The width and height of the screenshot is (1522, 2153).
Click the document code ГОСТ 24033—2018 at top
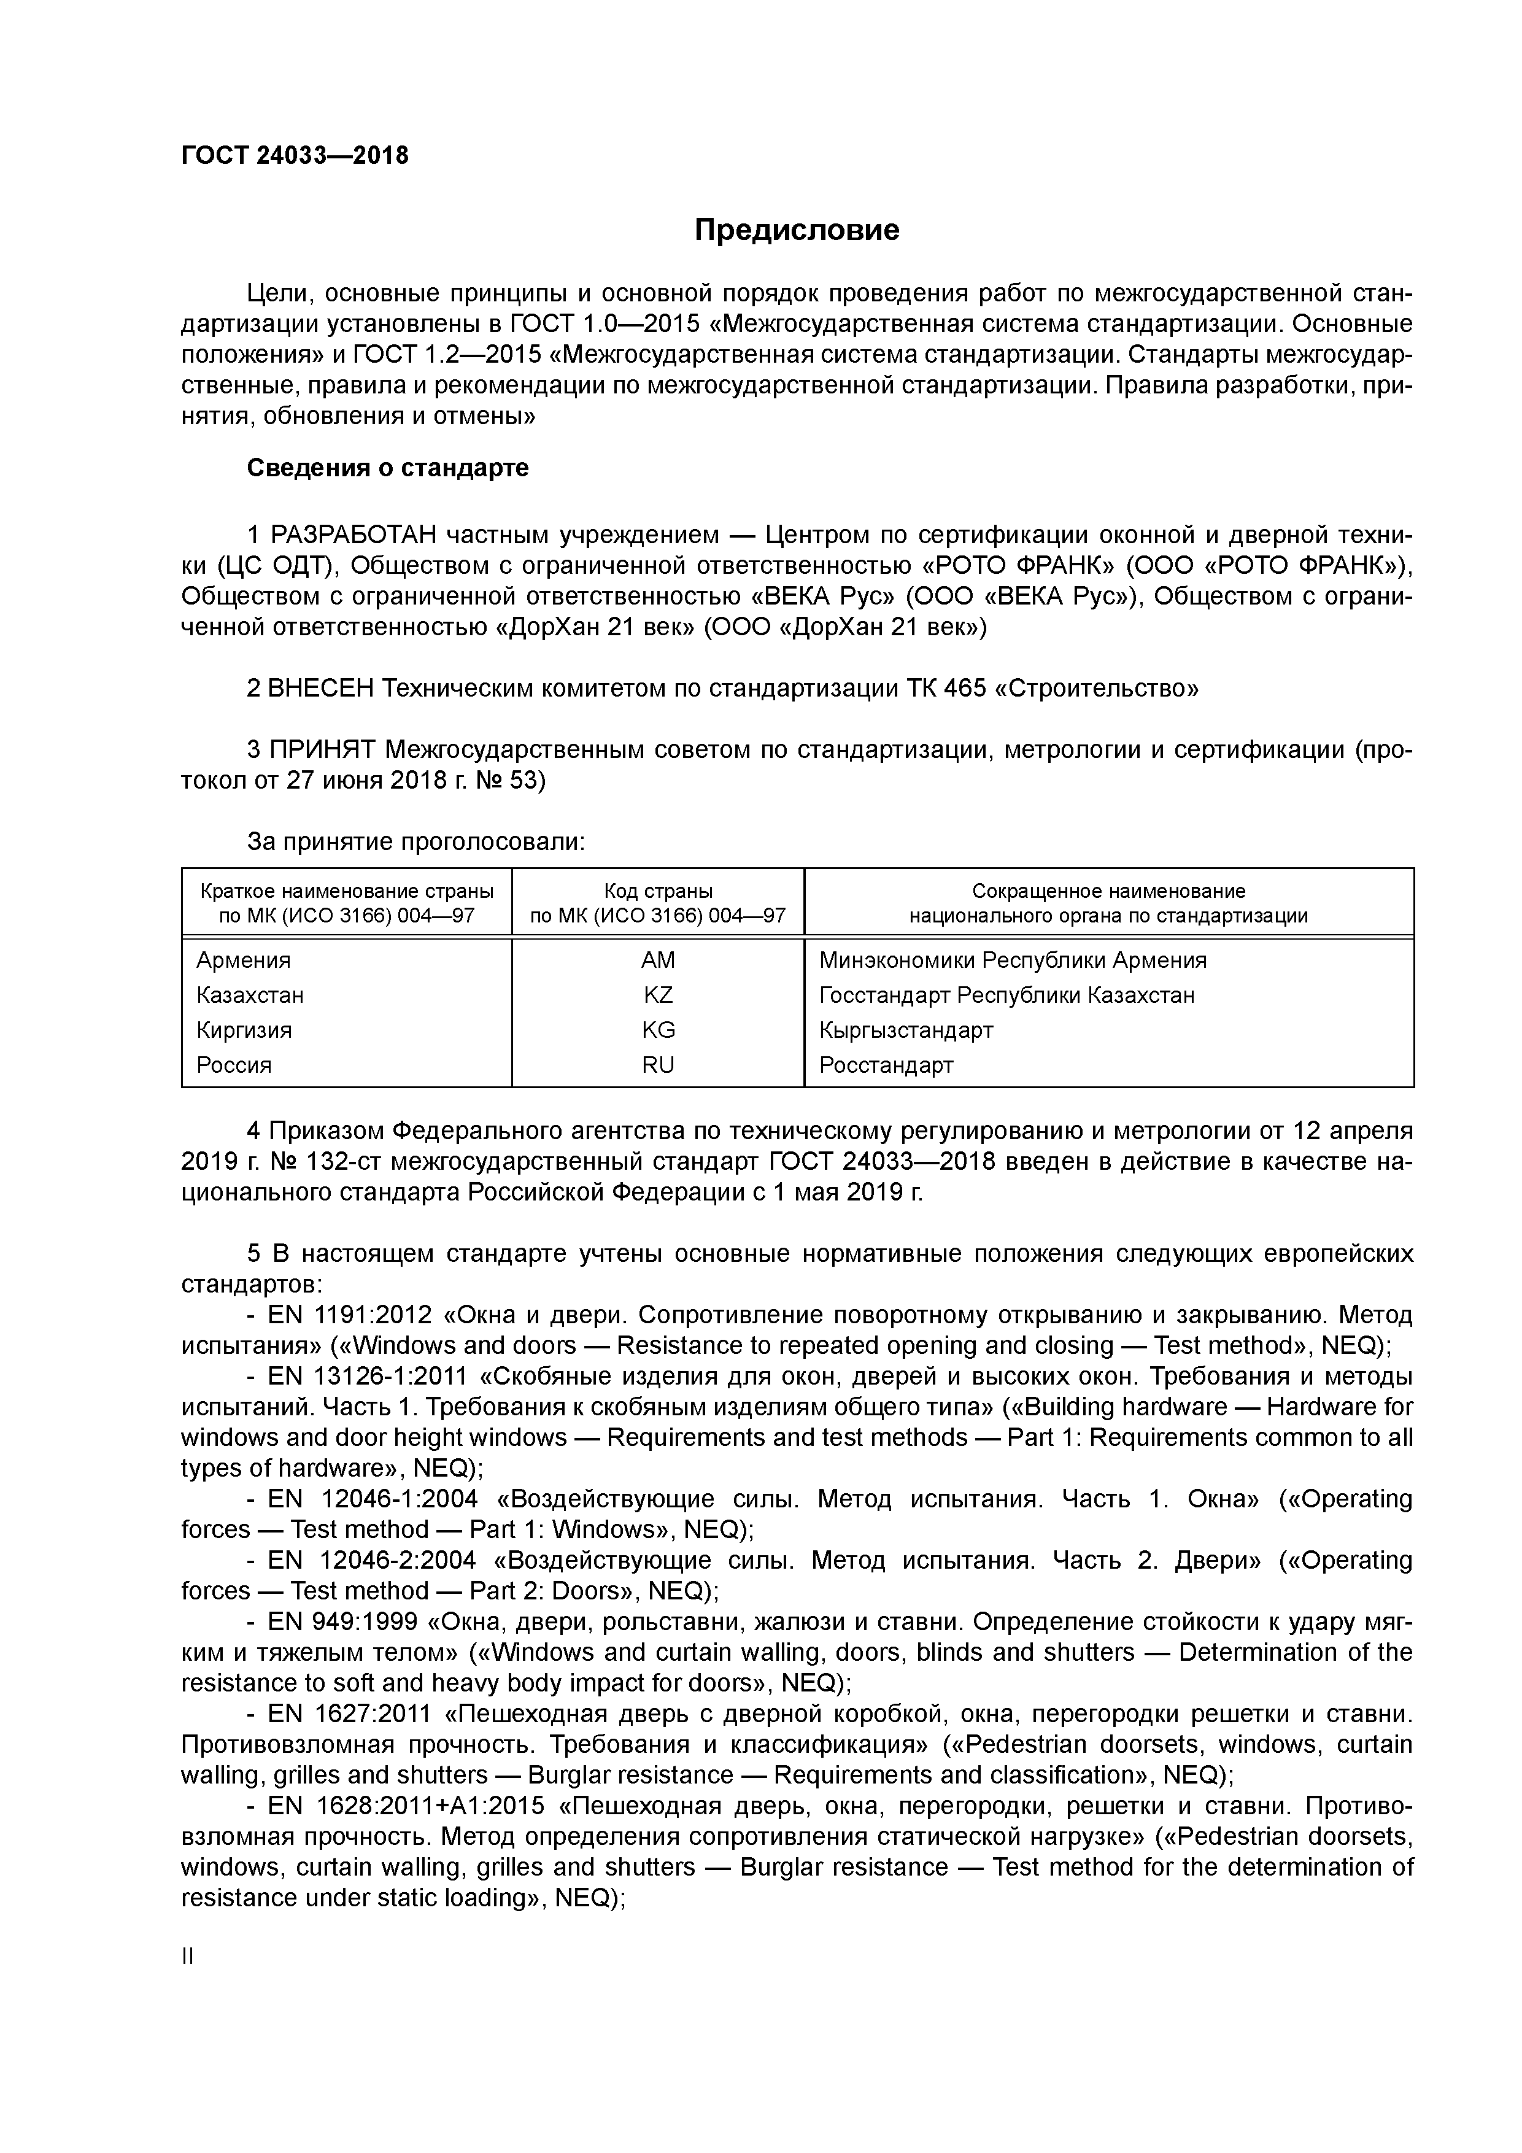point(295,156)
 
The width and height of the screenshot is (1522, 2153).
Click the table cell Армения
point(243,961)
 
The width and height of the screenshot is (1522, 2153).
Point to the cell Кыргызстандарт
point(905,1030)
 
